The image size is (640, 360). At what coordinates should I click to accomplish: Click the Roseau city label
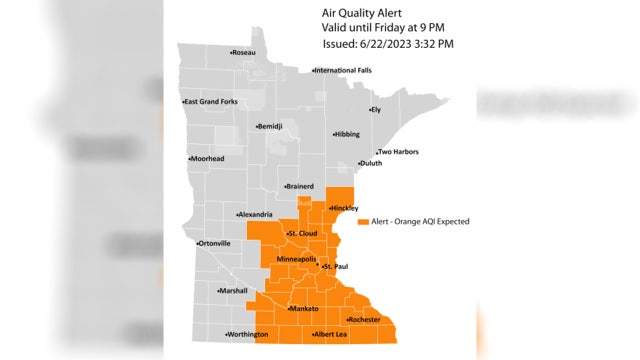(x=244, y=52)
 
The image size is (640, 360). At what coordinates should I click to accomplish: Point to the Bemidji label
(x=270, y=127)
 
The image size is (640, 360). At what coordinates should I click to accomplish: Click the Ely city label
(x=376, y=109)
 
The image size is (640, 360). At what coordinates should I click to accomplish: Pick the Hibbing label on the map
(x=346, y=133)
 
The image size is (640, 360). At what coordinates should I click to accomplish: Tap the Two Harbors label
(x=397, y=152)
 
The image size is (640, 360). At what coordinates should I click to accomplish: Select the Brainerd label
(x=299, y=186)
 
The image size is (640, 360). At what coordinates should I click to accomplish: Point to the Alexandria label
(x=256, y=214)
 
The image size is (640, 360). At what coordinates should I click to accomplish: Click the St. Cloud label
(x=303, y=234)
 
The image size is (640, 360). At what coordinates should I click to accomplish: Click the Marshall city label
(x=234, y=290)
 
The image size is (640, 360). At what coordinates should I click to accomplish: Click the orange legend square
(x=363, y=221)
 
